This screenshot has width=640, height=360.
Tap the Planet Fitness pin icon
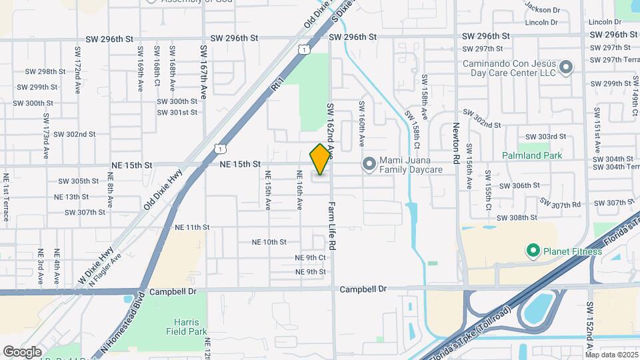click(533, 251)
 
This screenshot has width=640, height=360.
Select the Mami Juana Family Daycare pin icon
click(369, 163)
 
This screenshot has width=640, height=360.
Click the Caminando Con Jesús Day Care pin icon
click(566, 67)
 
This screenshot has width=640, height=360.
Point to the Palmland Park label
click(533, 156)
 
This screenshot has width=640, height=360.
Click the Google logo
click(22, 351)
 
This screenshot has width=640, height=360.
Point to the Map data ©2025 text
click(611, 354)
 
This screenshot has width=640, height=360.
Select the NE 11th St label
click(192, 227)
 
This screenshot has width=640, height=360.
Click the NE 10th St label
click(269, 242)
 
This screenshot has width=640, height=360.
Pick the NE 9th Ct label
click(310, 257)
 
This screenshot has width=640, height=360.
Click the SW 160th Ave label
click(362, 123)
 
